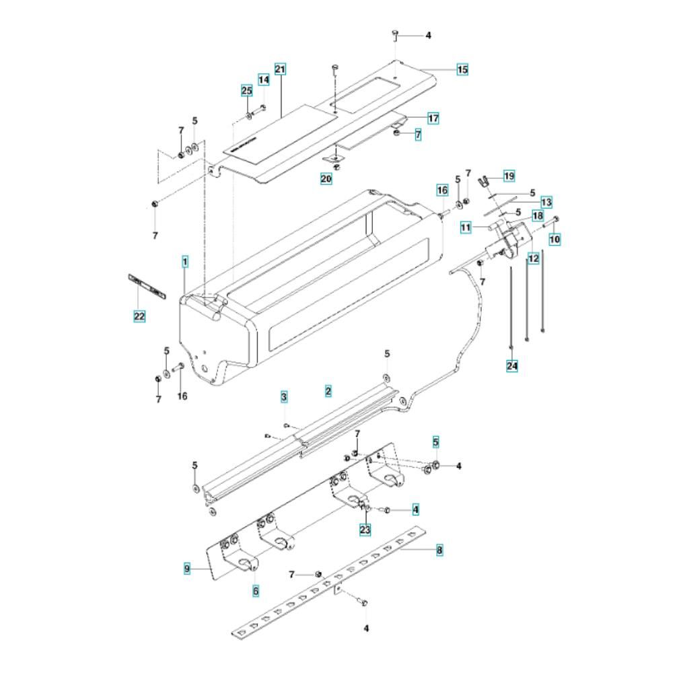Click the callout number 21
click(x=280, y=69)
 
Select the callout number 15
click(x=462, y=69)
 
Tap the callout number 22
click(x=139, y=316)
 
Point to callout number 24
click(x=512, y=365)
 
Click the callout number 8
click(x=439, y=550)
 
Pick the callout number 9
click(x=187, y=569)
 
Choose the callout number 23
click(x=365, y=530)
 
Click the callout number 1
click(x=185, y=261)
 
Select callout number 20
click(x=326, y=178)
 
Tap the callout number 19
click(x=509, y=176)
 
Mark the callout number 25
click(x=247, y=91)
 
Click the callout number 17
click(x=433, y=118)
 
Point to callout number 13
click(x=546, y=202)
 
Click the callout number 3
click(x=284, y=397)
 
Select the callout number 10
click(x=555, y=239)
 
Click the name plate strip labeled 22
click(x=147, y=287)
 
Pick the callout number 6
click(x=256, y=591)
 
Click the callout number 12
click(x=533, y=258)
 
